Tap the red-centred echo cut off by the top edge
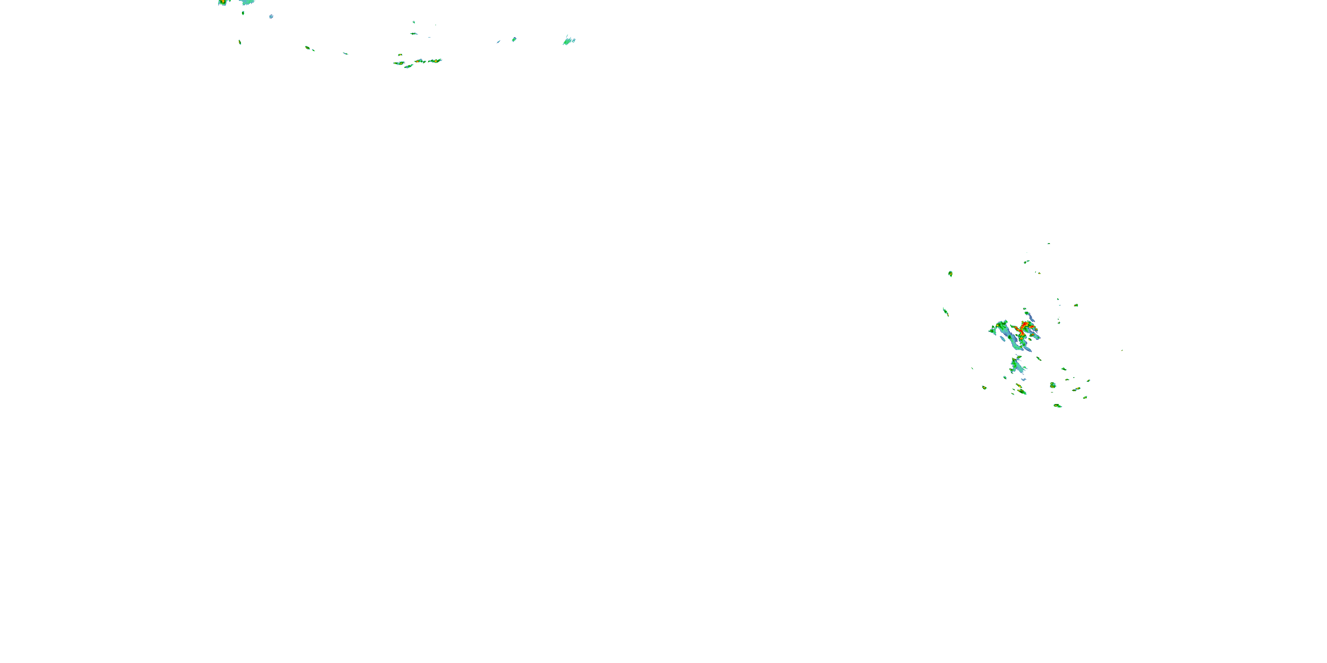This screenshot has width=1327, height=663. [x=222, y=2]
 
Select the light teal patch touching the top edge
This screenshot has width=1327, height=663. [x=248, y=2]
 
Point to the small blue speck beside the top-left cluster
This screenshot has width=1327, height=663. [x=271, y=16]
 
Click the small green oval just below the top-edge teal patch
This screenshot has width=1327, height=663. [x=243, y=13]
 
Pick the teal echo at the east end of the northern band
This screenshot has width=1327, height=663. [x=569, y=41]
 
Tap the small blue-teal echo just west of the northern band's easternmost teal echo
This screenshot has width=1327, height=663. [x=514, y=39]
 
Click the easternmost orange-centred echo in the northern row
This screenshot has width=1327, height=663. [x=435, y=61]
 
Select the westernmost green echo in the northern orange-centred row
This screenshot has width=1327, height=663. [x=399, y=63]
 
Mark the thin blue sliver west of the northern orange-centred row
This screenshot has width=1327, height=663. [x=345, y=53]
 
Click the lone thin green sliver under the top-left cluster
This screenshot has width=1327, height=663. [x=240, y=42]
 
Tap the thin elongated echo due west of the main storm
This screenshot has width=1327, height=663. [x=946, y=312]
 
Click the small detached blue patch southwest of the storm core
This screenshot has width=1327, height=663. [x=1003, y=339]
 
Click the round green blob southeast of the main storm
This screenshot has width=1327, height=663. [x=1053, y=385]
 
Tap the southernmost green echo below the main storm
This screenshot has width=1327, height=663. [x=1058, y=406]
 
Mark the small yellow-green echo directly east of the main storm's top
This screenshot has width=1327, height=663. [x=1076, y=305]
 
